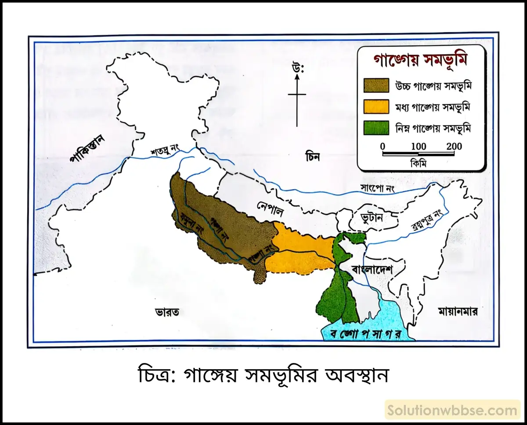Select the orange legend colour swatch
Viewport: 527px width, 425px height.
(x=376, y=106)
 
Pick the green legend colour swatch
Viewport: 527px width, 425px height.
(x=376, y=128)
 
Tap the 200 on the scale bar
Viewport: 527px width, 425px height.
(x=454, y=146)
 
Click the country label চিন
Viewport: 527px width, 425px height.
(x=314, y=156)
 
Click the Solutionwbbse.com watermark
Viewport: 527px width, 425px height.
(x=452, y=411)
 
